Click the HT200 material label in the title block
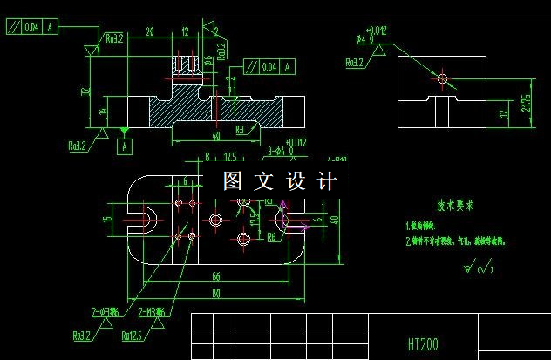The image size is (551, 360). [x=423, y=344]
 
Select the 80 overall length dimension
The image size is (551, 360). [x=214, y=293]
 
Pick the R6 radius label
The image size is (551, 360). [x=271, y=236]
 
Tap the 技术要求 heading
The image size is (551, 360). [x=455, y=206]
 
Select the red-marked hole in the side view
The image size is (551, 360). [x=442, y=79]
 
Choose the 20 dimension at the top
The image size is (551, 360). [x=150, y=31]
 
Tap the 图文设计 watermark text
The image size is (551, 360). [x=279, y=181]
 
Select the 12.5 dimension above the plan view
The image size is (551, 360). [x=230, y=158]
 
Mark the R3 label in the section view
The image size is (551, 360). [x=240, y=129]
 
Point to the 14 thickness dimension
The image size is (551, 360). [x=103, y=111]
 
